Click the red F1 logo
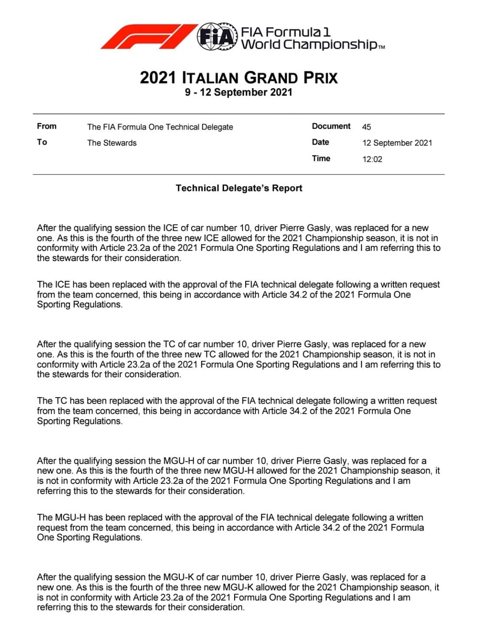point(149,36)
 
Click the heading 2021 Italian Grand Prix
point(239,78)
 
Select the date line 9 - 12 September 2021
point(239,92)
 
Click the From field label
point(47,126)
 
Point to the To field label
point(42,142)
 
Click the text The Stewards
point(112,143)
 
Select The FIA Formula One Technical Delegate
point(160,127)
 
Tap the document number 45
point(367,127)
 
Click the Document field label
point(331,126)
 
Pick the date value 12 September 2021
point(397,143)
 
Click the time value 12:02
point(372,159)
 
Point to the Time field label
point(321,158)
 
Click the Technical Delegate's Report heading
point(239,188)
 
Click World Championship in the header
point(309,45)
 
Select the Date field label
point(320,142)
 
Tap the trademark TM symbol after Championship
point(381,48)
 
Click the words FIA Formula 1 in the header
point(286,32)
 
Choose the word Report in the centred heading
point(287,188)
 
